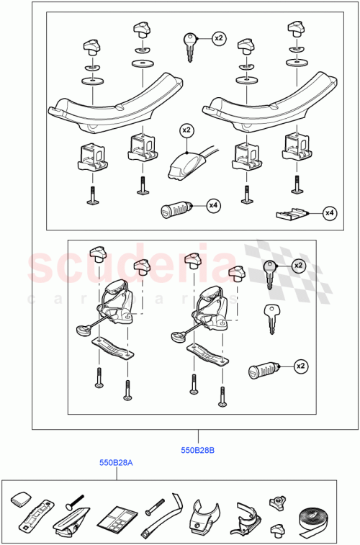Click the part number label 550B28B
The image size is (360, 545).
[x=197, y=451]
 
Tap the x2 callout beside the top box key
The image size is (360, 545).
[x=219, y=37]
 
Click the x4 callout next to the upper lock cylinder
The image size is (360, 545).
[x=213, y=207]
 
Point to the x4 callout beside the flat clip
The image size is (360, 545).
[x=330, y=212]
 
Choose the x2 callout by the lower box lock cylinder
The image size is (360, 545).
[x=299, y=367]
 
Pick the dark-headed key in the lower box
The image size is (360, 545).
[x=270, y=274]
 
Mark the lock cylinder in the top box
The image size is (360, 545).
[x=176, y=211]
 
